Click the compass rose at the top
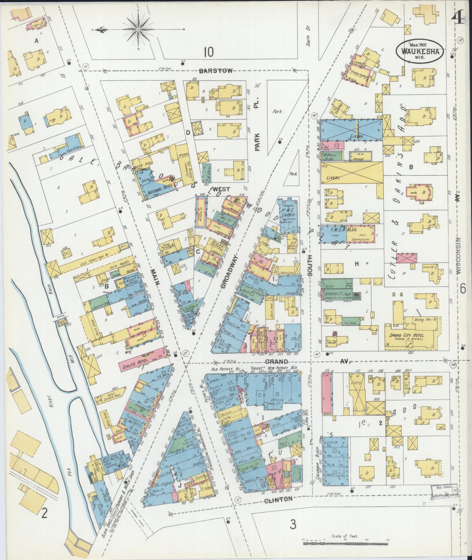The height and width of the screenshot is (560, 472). [x=138, y=29]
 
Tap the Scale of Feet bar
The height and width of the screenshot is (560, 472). [x=345, y=543]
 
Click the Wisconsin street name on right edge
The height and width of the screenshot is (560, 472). [x=459, y=255]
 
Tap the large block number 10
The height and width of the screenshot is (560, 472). [x=209, y=52]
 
